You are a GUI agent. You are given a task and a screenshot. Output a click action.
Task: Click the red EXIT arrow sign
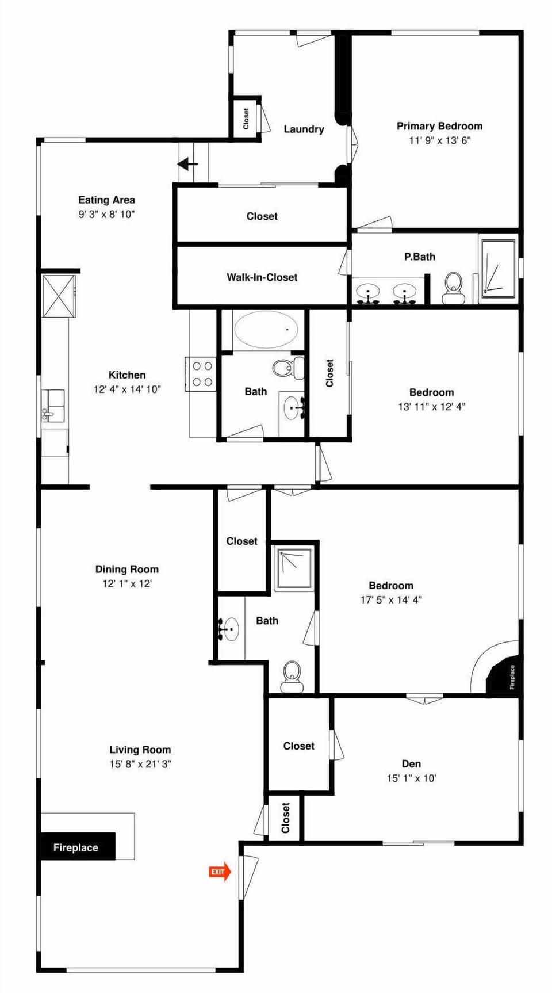pyautogui.click(x=219, y=872)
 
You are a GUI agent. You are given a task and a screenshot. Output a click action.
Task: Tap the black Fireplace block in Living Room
pyautogui.click(x=77, y=847)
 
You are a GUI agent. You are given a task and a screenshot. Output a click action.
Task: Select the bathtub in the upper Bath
pyautogui.click(x=266, y=330)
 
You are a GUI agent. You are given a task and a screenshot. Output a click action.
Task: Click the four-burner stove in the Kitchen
pyautogui.click(x=202, y=373)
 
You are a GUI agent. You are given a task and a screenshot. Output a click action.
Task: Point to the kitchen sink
pyautogui.click(x=53, y=405)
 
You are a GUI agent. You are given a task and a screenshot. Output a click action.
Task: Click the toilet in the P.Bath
pyautogui.click(x=454, y=288)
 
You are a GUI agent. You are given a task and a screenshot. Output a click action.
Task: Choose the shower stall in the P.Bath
pyautogui.click(x=498, y=268)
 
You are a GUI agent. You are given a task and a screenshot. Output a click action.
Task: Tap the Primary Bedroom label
pyautogui.click(x=439, y=126)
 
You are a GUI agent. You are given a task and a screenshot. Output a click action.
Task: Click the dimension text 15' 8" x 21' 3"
pyautogui.click(x=140, y=764)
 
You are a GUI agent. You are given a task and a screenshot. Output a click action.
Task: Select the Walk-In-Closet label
pyautogui.click(x=262, y=277)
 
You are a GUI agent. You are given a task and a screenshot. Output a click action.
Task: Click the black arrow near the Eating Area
pyautogui.click(x=187, y=165)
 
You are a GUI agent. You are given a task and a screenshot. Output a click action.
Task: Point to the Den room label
pyautogui.click(x=411, y=763)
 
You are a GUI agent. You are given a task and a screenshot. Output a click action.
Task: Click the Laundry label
pyautogui.click(x=304, y=129)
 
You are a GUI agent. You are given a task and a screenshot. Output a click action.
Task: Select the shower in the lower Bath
pyautogui.click(x=294, y=569)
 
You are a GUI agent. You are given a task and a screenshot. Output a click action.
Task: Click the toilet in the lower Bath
pyautogui.click(x=292, y=676)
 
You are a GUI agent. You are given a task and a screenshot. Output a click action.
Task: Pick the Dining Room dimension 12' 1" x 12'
pyautogui.click(x=126, y=583)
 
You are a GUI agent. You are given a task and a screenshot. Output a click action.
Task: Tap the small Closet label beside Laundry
pyautogui.click(x=246, y=119)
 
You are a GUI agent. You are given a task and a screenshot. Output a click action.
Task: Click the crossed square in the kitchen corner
pyautogui.click(x=59, y=296)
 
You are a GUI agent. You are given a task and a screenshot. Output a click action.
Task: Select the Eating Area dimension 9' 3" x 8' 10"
pyautogui.click(x=106, y=214)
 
